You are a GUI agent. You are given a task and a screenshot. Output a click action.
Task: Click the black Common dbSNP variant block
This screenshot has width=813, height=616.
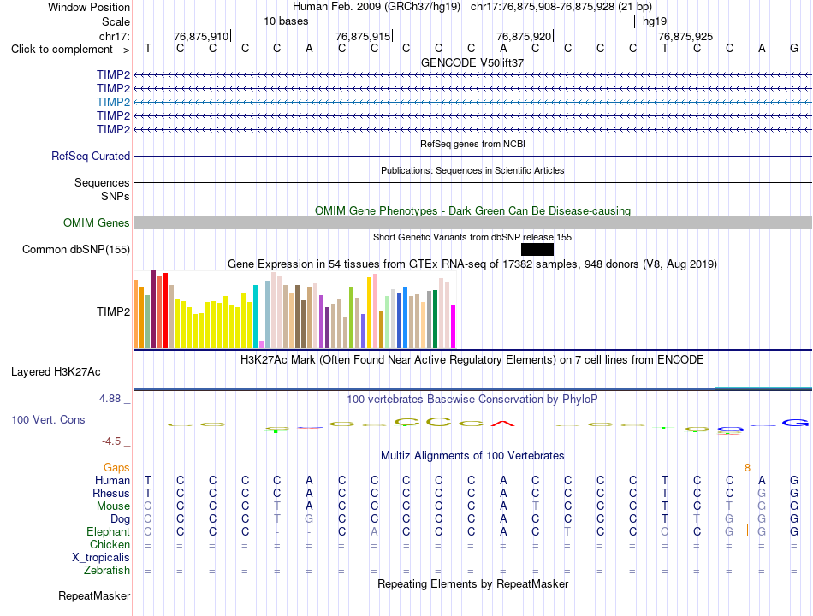pyautogui.click(x=537, y=250)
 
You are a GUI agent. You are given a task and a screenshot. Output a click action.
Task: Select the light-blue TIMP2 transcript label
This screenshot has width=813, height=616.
pyautogui.click(x=113, y=102)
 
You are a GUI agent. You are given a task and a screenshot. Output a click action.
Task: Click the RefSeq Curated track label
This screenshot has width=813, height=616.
pyautogui.click(x=91, y=156)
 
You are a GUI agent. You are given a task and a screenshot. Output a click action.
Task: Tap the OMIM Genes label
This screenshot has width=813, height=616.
pyautogui.click(x=97, y=223)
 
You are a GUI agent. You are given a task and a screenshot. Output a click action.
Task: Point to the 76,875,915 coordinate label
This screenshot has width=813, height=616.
pyautogui.click(x=363, y=36)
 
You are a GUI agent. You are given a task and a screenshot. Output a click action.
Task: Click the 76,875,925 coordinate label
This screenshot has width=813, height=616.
pyautogui.click(x=685, y=36)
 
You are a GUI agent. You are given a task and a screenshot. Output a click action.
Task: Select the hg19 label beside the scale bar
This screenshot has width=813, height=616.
pyautogui.click(x=655, y=21)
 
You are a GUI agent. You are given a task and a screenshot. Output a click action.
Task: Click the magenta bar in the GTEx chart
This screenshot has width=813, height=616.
pyautogui.click(x=454, y=326)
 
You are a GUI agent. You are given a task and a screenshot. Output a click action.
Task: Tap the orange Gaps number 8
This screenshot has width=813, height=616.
pyautogui.click(x=747, y=468)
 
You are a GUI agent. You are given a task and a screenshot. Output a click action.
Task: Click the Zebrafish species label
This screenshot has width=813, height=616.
pyautogui.click(x=107, y=571)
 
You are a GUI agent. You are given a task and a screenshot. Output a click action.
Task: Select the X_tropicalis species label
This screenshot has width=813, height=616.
pyautogui.click(x=101, y=558)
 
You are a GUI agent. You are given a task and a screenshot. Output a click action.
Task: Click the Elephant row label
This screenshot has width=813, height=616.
pyautogui.click(x=109, y=532)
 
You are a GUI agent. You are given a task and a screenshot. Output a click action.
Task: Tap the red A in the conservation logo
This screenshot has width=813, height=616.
pyautogui.click(x=502, y=423)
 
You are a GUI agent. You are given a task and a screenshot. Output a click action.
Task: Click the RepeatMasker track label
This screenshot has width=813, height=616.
pyautogui.click(x=94, y=595)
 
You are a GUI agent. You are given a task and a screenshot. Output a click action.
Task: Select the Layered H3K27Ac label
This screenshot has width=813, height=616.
pyautogui.click(x=56, y=372)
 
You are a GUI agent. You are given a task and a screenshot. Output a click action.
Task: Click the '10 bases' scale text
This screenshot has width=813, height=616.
pyautogui.click(x=286, y=21)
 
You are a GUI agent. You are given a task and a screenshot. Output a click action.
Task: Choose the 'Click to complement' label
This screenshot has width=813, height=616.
pyautogui.click(x=70, y=50)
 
